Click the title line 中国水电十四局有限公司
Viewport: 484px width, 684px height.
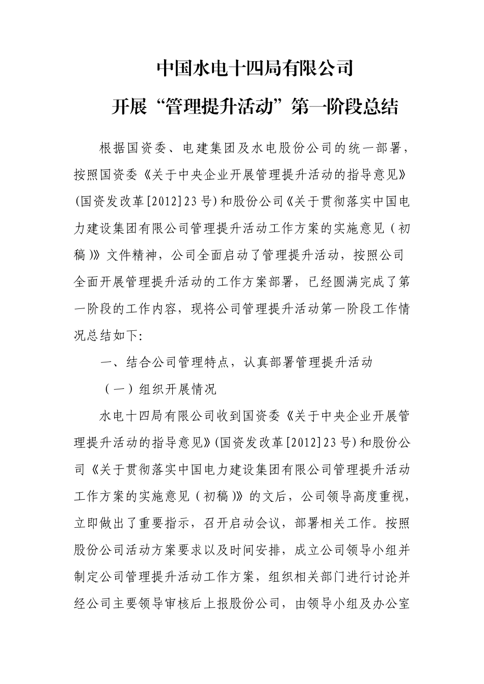click(x=255, y=68)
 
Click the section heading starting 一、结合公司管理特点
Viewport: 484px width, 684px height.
click(x=237, y=362)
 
